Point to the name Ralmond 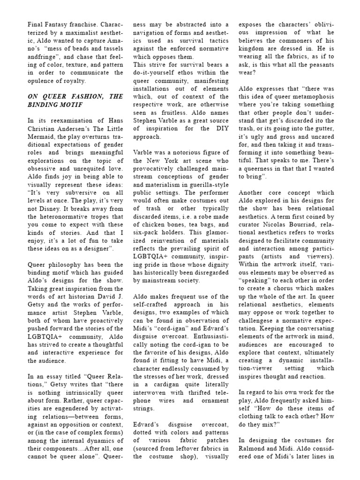[x=254, y=447]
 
